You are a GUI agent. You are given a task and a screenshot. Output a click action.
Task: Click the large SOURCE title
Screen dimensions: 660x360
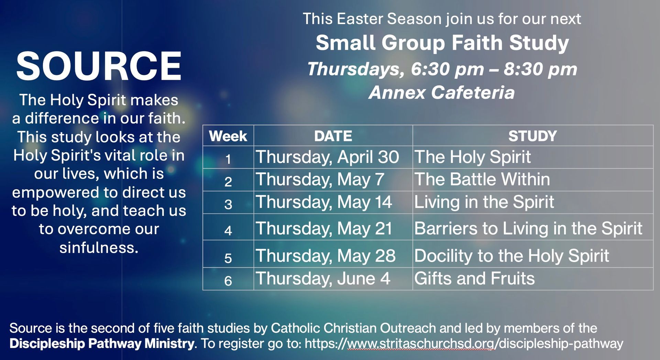tap(99, 66)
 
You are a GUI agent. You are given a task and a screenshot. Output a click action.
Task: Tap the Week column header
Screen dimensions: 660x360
tap(228, 136)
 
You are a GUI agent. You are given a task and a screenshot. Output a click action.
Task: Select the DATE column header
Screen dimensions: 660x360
tap(333, 136)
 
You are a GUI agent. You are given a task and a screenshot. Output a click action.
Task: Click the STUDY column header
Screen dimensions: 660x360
tap(532, 136)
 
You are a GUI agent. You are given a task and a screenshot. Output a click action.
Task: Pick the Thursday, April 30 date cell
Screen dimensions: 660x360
tap(327, 157)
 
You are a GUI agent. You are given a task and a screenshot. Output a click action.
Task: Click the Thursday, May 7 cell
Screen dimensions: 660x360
tap(320, 179)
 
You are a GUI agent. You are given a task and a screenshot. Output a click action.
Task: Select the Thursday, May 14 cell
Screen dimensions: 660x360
tap(324, 202)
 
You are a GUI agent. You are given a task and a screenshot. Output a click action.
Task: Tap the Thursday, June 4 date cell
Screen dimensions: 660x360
tap(323, 279)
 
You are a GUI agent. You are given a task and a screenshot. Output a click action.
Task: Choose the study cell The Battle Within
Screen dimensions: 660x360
tap(482, 179)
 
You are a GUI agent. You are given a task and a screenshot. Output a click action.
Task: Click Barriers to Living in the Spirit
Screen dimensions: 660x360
tap(528, 228)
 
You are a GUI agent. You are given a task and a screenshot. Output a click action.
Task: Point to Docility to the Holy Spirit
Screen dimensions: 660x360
tap(511, 256)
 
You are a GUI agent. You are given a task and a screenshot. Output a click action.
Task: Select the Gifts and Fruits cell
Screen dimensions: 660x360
tap(474, 278)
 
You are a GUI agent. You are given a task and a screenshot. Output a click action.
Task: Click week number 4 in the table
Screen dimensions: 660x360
tap(228, 230)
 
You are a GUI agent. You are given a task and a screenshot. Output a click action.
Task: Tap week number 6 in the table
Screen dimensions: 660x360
tap(228, 281)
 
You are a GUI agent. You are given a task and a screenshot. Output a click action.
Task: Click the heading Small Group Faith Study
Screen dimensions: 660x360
tap(442, 43)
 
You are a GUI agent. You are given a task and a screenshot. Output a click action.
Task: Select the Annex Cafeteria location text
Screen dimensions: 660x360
tap(442, 92)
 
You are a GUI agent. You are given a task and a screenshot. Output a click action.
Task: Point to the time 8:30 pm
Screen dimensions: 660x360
tap(540, 69)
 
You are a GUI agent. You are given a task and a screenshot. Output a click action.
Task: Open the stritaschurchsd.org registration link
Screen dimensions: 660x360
tap(464, 343)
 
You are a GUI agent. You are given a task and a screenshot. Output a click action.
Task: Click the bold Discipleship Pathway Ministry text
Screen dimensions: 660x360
tap(102, 343)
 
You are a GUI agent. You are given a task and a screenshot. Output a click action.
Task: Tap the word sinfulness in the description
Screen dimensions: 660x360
tap(99, 248)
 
